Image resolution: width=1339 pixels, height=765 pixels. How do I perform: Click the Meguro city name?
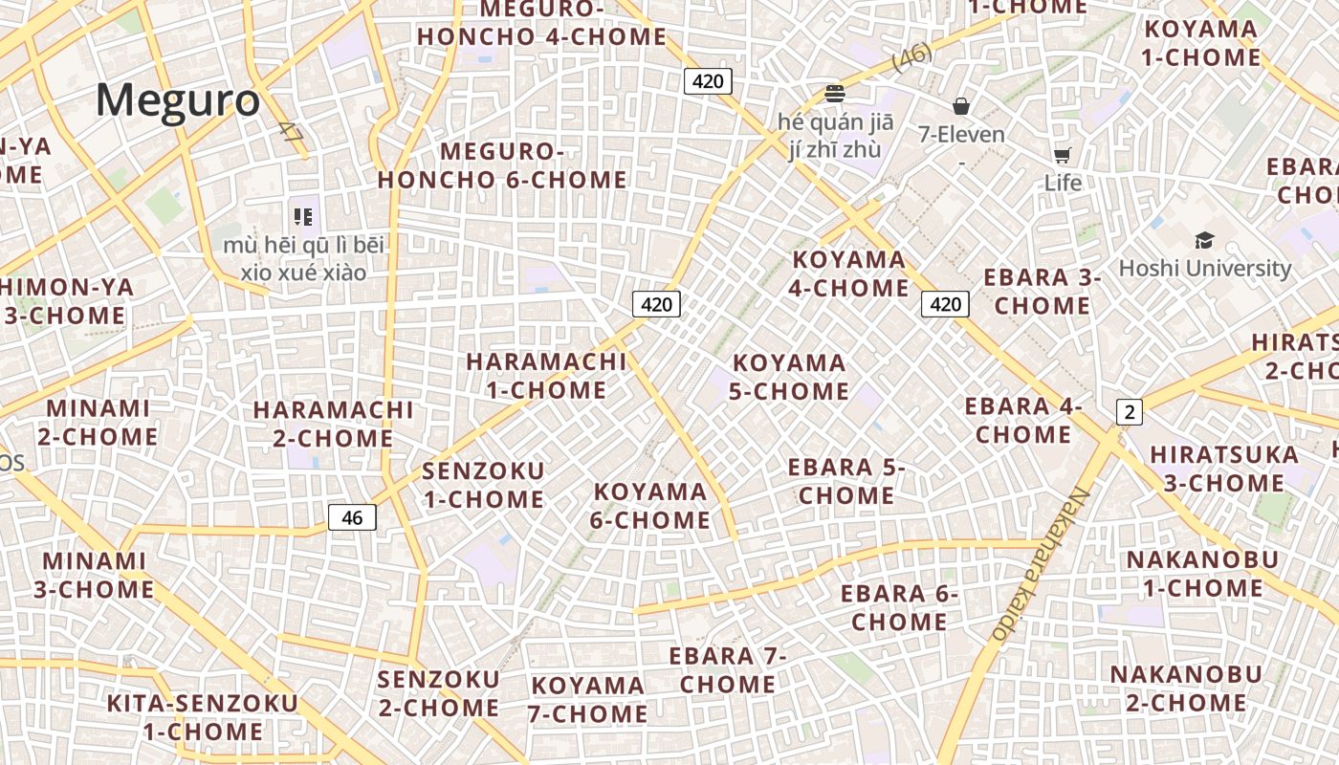(178, 100)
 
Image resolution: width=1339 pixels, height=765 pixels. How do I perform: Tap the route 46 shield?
(352, 517)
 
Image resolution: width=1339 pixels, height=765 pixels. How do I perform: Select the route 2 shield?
(1130, 412)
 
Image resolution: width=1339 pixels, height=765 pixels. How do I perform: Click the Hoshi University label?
(1204, 268)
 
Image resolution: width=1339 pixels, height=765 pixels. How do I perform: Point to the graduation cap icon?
(1204, 240)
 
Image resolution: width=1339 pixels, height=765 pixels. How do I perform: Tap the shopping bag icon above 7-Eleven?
(961, 106)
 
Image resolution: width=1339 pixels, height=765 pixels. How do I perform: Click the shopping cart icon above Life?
(1062, 155)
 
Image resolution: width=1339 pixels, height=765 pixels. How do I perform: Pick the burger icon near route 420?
(835, 94)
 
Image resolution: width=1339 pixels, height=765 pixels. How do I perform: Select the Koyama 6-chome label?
(651, 506)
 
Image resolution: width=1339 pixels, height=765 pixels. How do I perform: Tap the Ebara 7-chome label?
(728, 670)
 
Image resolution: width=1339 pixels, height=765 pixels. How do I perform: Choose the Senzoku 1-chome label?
(483, 485)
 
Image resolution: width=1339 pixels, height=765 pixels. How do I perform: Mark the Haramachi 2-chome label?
(333, 424)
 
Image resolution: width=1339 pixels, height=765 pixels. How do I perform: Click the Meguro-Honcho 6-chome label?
(502, 165)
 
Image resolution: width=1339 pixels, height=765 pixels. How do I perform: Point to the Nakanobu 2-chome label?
(1186, 688)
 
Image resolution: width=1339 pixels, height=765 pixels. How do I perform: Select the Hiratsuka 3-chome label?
(1224, 468)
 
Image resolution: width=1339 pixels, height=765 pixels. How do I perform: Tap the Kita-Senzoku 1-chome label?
(203, 717)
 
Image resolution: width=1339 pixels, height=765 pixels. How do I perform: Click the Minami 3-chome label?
(94, 575)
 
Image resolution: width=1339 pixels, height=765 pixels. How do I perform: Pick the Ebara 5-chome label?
(846, 481)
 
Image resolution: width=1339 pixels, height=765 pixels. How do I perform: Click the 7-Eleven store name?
(961, 134)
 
